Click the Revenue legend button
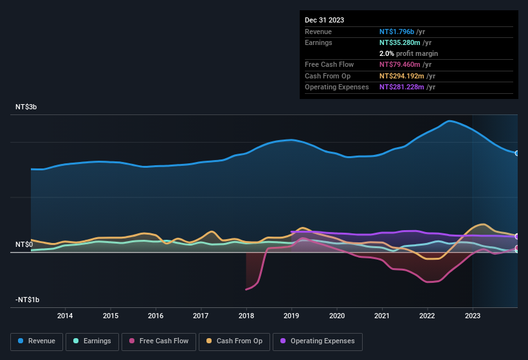tap(37, 341)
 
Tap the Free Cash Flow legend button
tap(159, 341)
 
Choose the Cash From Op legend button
tap(235, 341)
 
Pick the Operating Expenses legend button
tap(318, 341)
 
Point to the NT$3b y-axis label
tap(26, 107)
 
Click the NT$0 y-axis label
tap(24, 245)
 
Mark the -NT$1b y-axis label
tap(28, 300)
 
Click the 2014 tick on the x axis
tap(64, 316)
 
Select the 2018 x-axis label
tap(246, 316)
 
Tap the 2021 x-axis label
tap(382, 316)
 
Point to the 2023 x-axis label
tap(473, 316)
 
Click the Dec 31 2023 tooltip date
tap(324, 20)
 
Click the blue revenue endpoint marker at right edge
tap(516, 153)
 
